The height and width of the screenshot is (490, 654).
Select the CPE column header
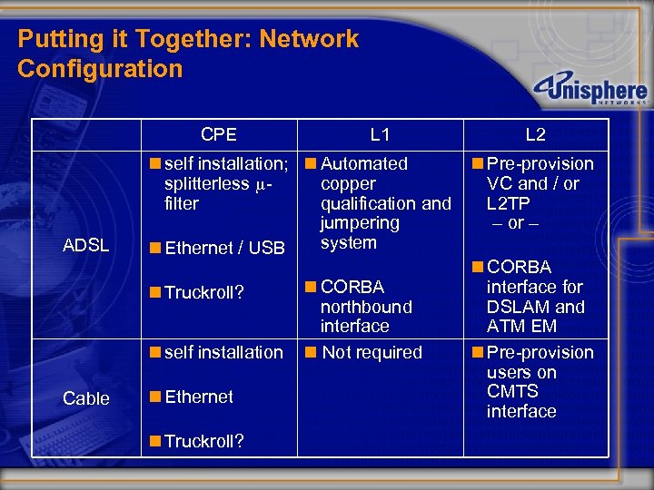click(219, 134)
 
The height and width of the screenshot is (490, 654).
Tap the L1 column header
click(381, 134)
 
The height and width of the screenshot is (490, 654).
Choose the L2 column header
click(536, 134)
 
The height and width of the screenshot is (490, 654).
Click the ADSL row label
click(88, 246)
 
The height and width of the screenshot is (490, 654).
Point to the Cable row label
click(86, 398)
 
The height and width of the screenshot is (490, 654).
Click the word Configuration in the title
click(100, 69)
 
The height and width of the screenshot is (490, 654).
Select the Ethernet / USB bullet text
click(224, 248)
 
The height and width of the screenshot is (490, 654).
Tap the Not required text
click(372, 352)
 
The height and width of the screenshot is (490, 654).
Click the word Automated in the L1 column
click(364, 163)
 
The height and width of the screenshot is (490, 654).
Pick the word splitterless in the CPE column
click(206, 183)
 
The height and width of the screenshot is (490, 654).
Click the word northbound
click(366, 307)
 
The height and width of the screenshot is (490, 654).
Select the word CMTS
click(512, 392)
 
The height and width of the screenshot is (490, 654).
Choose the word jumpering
click(360, 223)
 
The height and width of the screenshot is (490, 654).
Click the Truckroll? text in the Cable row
click(204, 441)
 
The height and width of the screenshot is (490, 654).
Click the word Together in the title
click(196, 39)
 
